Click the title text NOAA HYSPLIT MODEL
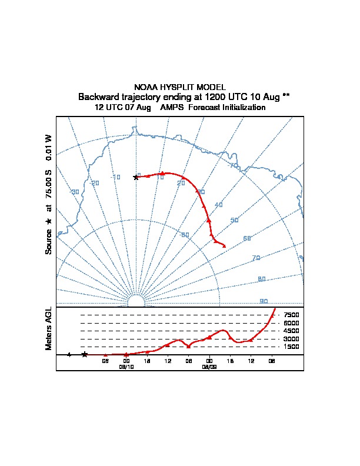point(179,87)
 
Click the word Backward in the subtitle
point(97,96)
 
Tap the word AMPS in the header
point(173,108)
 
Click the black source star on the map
point(136,177)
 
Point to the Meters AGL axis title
point(49,328)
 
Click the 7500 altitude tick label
point(291,315)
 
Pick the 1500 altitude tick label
point(291,347)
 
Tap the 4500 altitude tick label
point(291,331)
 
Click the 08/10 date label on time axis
point(126,366)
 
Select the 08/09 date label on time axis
point(209,366)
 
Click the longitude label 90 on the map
point(264,301)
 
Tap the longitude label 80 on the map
point(262,279)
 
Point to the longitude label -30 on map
point(74,192)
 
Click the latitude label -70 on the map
point(233,165)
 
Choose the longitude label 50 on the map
point(234,221)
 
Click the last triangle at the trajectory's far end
point(224,245)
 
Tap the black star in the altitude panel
point(85,354)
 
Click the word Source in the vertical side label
point(49,242)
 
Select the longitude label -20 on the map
point(94,183)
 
